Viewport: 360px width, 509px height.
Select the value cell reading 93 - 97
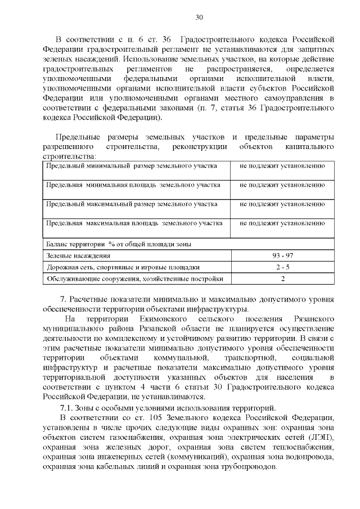(x=282, y=256)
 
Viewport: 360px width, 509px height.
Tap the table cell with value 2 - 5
(x=282, y=267)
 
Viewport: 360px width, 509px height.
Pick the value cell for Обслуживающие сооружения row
(x=282, y=278)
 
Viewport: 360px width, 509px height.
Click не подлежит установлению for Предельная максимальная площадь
(x=282, y=223)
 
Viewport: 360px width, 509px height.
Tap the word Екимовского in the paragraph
(x=164, y=319)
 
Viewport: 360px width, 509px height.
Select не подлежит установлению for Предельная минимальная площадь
(x=282, y=185)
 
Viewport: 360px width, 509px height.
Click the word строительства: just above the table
(x=69, y=156)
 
